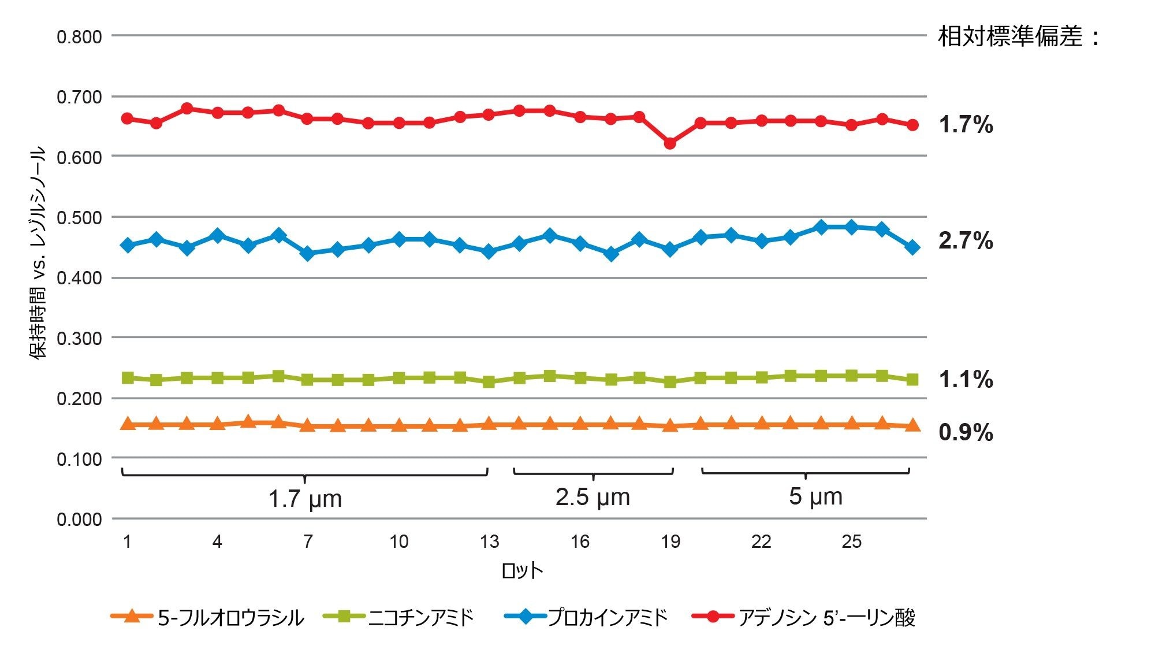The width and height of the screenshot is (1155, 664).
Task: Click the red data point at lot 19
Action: tap(670, 143)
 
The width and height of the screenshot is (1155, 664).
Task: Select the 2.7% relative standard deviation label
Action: tap(966, 240)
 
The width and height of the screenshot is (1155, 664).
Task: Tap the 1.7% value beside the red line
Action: tap(966, 124)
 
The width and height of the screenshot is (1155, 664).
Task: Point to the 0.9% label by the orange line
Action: tap(966, 432)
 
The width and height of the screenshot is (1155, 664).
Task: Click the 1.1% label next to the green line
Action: tap(966, 379)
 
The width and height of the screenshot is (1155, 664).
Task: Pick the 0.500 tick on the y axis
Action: tap(79, 218)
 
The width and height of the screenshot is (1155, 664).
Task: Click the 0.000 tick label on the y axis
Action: tap(79, 519)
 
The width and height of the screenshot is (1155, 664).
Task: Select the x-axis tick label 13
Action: tap(489, 541)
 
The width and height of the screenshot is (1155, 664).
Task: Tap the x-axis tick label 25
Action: tap(851, 541)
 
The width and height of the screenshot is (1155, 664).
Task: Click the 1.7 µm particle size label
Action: tap(305, 498)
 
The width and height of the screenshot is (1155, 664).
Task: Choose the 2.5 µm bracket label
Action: tap(593, 497)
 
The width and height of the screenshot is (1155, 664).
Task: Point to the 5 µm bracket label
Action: tap(815, 496)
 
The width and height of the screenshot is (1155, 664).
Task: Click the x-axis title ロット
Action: tap(522, 570)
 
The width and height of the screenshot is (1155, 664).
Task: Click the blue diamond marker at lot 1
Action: tap(128, 246)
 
